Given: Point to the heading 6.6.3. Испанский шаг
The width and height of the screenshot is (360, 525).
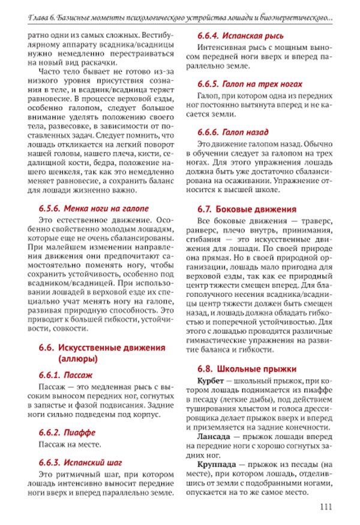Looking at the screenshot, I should tap(80, 463).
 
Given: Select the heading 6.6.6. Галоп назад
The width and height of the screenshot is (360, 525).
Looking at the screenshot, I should tap(233, 131).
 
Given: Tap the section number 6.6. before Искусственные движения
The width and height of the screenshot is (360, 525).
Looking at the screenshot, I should tap(47, 347).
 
